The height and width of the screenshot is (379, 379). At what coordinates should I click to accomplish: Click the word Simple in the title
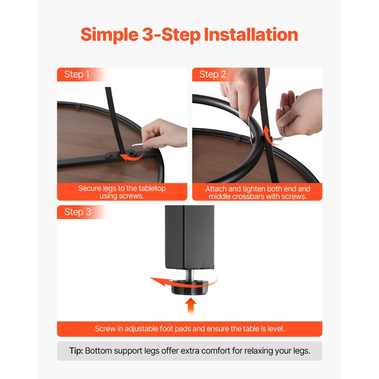coord(109,35)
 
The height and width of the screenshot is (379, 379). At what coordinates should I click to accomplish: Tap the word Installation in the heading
coord(251,34)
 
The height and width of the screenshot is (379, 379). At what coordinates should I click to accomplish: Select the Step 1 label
coord(77,74)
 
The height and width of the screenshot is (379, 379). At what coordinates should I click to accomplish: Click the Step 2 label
coord(212,74)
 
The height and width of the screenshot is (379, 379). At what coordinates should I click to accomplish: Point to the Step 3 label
coord(78,212)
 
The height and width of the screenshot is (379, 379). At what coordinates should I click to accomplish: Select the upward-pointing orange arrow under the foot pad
coord(191,305)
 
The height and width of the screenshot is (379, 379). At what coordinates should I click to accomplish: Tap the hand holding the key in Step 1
coord(164,133)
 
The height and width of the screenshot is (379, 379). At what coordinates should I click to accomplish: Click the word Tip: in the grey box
coord(76,351)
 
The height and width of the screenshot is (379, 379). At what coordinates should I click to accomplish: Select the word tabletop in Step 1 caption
coord(152,188)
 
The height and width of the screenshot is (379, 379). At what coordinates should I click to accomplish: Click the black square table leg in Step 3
coord(189,237)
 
